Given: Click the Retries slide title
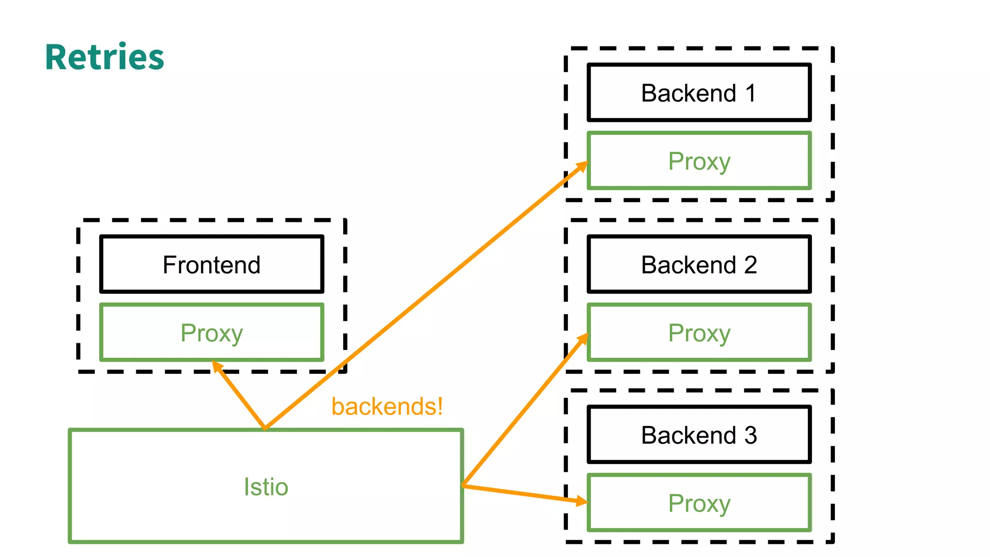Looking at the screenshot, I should (104, 57).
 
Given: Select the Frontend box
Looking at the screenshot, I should (211, 264).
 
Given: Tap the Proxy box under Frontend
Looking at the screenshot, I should (211, 333).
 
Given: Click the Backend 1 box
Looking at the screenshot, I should (699, 93).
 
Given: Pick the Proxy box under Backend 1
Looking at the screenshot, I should (699, 161).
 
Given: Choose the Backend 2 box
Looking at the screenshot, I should (699, 264).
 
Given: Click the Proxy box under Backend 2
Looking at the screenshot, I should (699, 333).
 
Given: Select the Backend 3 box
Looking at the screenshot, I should (699, 435).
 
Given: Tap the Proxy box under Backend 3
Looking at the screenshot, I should (699, 503).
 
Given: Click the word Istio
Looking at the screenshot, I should (266, 486).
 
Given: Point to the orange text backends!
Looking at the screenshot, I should (387, 406).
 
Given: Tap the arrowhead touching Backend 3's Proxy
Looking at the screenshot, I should (582, 500).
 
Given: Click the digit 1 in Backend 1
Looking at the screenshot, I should (750, 93).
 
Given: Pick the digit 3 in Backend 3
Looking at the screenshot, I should (750, 435).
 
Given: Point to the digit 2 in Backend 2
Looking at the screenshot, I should (750, 264).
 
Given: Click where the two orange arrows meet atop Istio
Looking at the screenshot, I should (265, 427).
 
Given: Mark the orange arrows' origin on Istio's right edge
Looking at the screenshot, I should (463, 485).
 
